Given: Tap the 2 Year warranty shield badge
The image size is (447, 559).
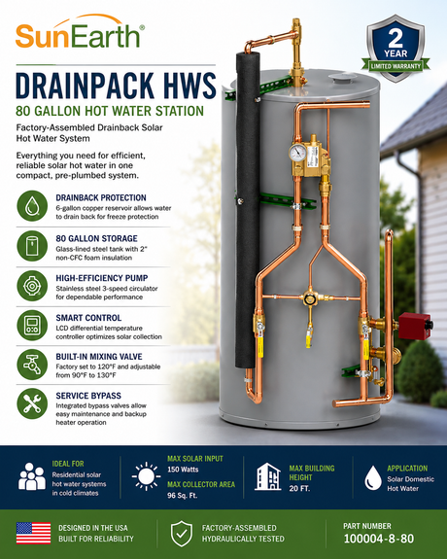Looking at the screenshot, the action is (395, 49).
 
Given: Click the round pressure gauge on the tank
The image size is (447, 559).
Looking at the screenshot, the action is (297, 153).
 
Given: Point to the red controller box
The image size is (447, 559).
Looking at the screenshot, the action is (415, 326).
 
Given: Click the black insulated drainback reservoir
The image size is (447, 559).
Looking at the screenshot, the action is (248, 210).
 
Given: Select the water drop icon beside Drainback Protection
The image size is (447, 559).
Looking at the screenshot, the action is (32, 206).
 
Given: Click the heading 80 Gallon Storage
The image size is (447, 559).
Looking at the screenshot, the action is (96, 238).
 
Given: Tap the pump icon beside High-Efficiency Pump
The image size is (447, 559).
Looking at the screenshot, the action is (32, 286).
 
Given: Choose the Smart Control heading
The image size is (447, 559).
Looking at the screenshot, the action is (88, 318).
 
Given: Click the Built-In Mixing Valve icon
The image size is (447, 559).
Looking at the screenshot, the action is (32, 365).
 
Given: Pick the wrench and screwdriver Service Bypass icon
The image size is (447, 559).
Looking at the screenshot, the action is (32, 403).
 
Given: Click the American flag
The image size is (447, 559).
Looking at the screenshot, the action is (33, 533).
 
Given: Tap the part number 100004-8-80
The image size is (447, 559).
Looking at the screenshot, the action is (379, 539).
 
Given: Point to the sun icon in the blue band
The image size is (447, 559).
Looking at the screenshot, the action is (146, 476).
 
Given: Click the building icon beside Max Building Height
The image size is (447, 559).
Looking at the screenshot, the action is (267, 476).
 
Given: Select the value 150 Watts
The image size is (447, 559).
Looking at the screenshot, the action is (183, 470).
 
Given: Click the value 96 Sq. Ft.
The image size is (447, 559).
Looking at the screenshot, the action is (182, 496).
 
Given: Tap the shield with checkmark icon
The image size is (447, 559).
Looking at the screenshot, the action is (182, 534).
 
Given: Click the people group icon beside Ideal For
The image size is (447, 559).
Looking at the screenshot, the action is (32, 476).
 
